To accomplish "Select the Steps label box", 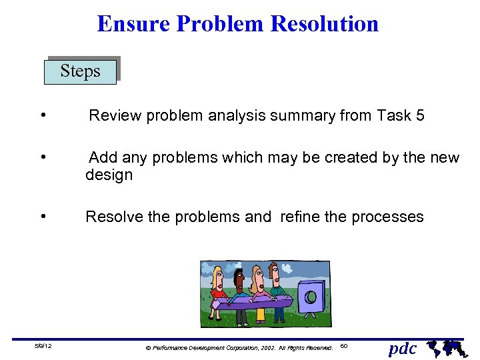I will click(x=80, y=71).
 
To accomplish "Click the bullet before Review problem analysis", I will click(x=43, y=115).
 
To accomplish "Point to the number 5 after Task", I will click(x=419, y=116).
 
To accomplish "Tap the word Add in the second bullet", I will click(x=103, y=158).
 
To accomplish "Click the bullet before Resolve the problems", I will click(x=43, y=217).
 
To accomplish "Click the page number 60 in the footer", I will click(x=344, y=346).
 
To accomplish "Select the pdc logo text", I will click(x=402, y=348).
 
